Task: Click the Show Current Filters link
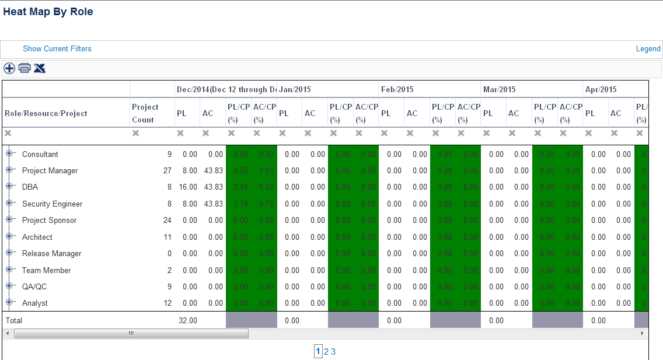[x=57, y=49]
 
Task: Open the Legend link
[x=648, y=49]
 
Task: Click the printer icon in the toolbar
[x=25, y=68]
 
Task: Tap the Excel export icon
[x=39, y=68]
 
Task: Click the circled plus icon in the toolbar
[x=9, y=68]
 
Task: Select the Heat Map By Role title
[x=48, y=12]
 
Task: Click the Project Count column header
[x=145, y=113]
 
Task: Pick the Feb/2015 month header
[x=397, y=90]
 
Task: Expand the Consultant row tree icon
[x=9, y=154]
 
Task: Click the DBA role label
[x=30, y=187]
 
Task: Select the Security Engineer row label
[x=52, y=204]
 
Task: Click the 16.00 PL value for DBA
[x=188, y=187]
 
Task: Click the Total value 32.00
[x=188, y=320]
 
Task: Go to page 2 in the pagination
[x=326, y=352]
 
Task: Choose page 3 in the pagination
[x=333, y=352]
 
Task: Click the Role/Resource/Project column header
[x=46, y=113]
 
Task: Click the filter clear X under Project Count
[x=135, y=134]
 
